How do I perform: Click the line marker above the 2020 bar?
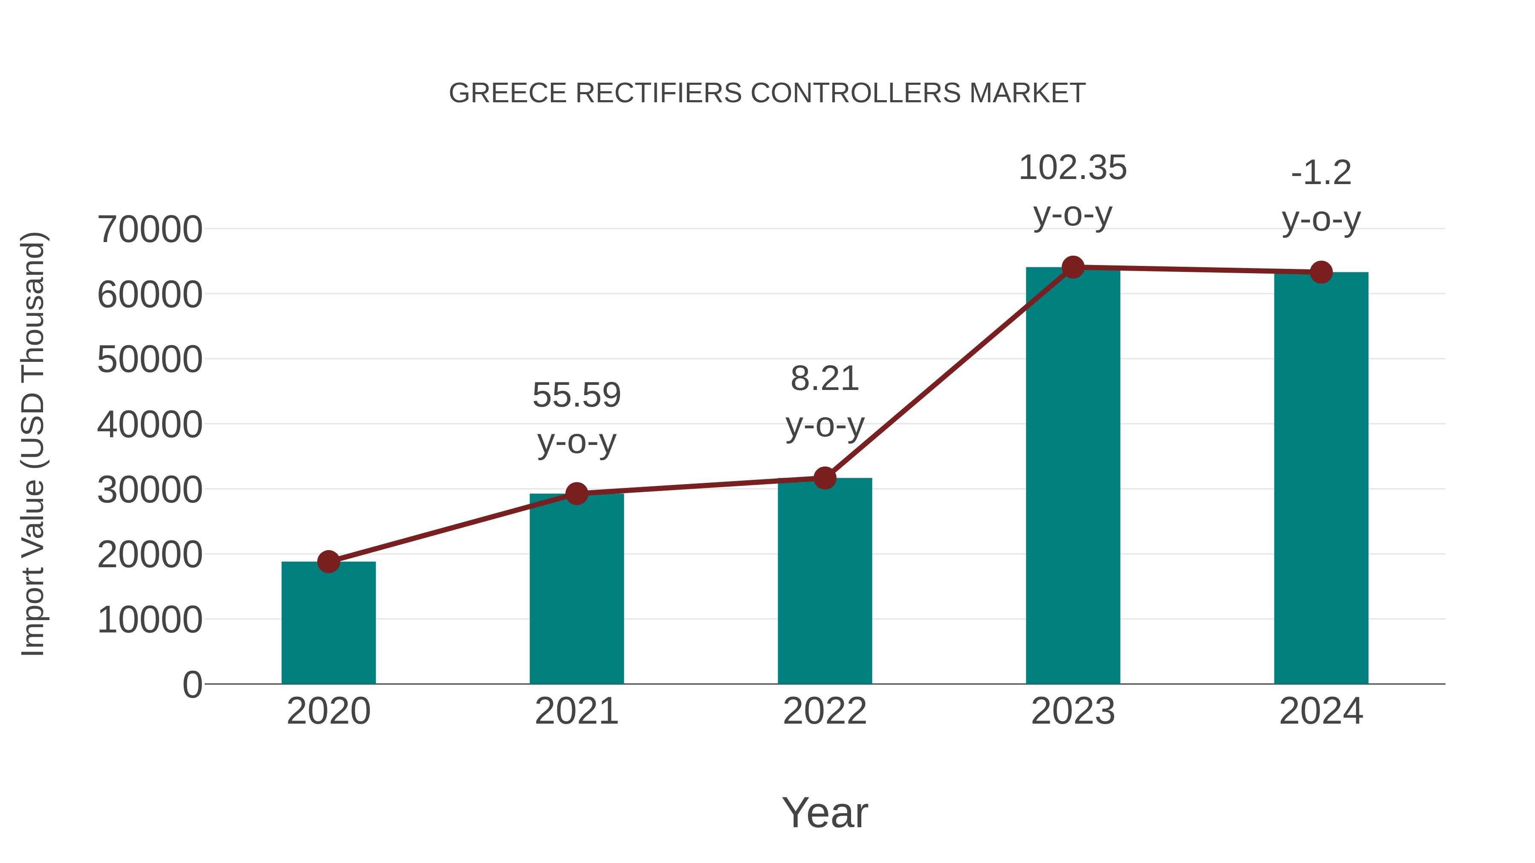click(x=328, y=561)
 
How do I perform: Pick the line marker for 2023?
click(x=1073, y=267)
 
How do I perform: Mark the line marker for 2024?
click(x=1321, y=272)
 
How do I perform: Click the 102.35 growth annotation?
click(x=1073, y=168)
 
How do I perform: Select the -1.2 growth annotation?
click(x=1321, y=173)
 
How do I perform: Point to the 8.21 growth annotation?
click(x=825, y=379)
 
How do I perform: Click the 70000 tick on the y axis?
click(x=150, y=229)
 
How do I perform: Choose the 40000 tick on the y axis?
click(x=150, y=424)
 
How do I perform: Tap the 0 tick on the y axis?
click(x=192, y=684)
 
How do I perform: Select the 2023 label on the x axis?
click(x=1073, y=711)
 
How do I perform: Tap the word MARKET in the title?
click(x=1027, y=93)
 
